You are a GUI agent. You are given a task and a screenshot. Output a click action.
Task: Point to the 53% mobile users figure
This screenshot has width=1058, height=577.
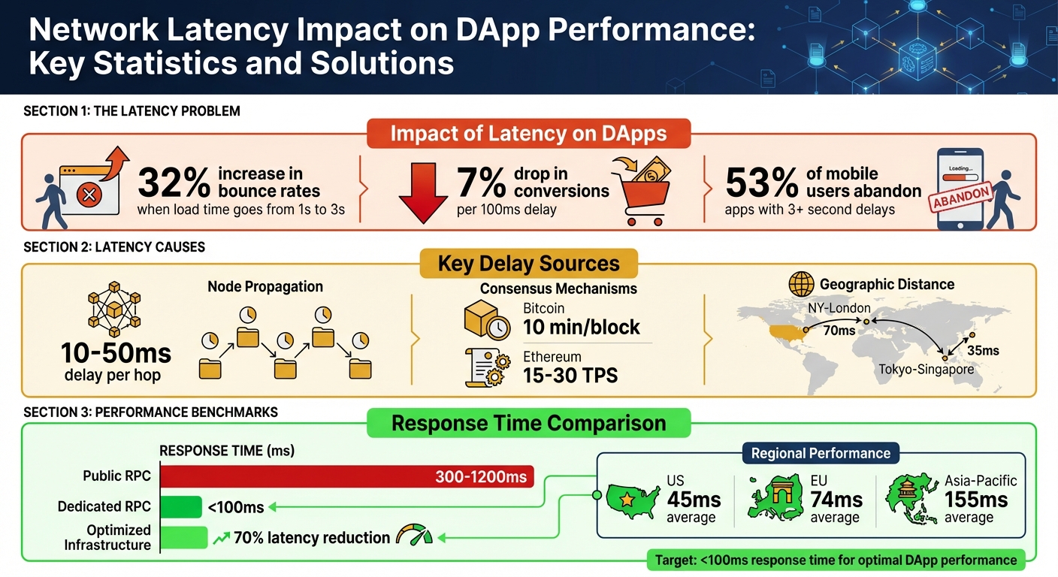pos(761,183)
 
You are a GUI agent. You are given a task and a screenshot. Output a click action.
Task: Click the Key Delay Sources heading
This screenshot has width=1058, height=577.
pos(529,264)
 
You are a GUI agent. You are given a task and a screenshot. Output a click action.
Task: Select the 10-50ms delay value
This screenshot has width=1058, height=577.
pos(116,352)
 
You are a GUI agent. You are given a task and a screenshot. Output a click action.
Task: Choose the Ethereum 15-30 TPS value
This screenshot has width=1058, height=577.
pos(570,374)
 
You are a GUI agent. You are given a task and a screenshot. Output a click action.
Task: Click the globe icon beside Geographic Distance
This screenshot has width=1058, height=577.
pos(801,285)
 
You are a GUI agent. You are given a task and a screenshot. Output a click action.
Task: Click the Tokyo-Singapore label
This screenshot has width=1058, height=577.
pos(926,370)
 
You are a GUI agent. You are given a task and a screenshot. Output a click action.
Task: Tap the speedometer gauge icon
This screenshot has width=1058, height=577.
pos(414,536)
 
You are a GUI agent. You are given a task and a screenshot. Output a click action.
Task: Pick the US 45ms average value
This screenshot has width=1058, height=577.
pos(693,500)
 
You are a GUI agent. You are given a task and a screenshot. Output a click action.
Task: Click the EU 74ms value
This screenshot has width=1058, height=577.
pos(836,500)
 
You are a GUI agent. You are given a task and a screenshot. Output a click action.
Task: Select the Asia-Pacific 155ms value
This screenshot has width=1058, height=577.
pos(975,500)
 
